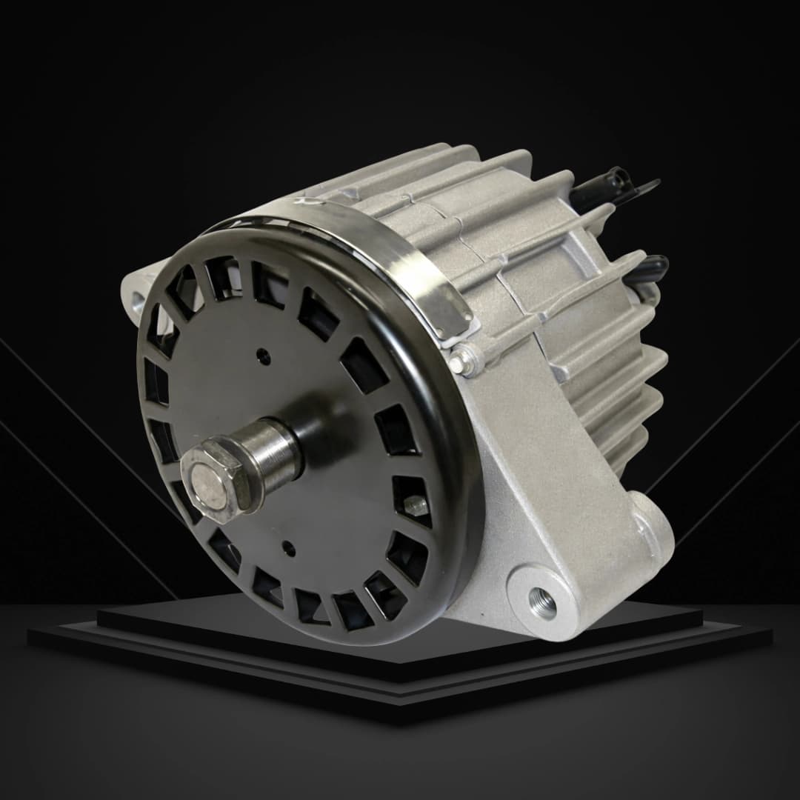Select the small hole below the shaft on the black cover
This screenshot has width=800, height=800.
290,550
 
